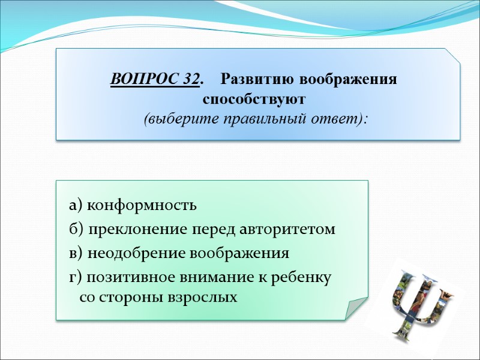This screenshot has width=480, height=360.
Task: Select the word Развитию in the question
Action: tap(259, 79)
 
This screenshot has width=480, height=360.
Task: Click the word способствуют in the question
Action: tap(254, 98)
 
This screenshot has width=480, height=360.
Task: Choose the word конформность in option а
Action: tap(142, 205)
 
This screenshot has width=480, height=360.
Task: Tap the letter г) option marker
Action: tap(76, 277)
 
